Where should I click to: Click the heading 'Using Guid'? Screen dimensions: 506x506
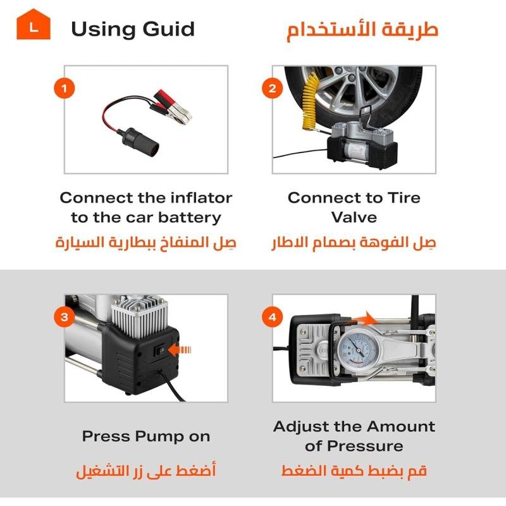click(132, 29)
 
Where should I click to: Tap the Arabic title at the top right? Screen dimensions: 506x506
click(362, 30)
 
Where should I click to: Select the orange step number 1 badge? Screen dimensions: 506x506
click(64, 88)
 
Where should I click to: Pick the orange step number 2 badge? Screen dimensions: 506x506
click(272, 88)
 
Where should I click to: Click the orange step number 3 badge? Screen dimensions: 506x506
click(64, 317)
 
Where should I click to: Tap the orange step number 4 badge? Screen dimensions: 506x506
click(272, 317)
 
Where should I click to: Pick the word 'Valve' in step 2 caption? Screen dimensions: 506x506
click(354, 218)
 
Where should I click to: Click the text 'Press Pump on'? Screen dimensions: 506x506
click(145, 436)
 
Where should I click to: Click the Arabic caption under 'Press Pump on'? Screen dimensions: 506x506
click(145, 472)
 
